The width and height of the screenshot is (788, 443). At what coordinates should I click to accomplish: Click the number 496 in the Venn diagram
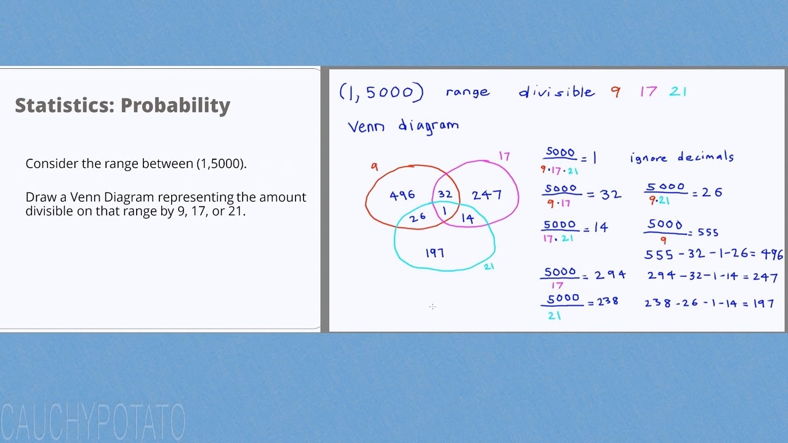point(402,195)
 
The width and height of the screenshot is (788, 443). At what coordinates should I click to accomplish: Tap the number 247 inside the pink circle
point(486,195)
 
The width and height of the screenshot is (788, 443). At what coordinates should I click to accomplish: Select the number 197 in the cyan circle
point(435,253)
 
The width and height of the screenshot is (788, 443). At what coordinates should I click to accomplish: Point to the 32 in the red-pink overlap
point(445,194)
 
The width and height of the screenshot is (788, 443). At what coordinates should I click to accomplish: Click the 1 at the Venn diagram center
point(444,210)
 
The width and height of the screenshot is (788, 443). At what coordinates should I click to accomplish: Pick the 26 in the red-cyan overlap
point(417,218)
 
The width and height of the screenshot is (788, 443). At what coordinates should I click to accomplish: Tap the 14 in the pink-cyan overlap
point(468,218)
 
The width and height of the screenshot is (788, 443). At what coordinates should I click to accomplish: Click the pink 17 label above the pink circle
point(504,156)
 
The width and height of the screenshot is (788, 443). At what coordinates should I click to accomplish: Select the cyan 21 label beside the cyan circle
point(489,266)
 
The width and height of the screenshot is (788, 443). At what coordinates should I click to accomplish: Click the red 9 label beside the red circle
point(375,167)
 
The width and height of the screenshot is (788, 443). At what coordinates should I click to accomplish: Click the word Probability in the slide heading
point(175,105)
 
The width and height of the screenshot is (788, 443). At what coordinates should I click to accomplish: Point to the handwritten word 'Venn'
point(366,127)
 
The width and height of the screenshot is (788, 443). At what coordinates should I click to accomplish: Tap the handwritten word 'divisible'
point(557,92)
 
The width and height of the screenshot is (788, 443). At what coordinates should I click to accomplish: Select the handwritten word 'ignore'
point(648,158)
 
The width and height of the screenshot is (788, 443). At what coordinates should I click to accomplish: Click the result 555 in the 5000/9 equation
point(708,232)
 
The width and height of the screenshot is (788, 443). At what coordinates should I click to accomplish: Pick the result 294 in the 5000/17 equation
point(610,274)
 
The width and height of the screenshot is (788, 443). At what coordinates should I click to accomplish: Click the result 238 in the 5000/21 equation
point(607,301)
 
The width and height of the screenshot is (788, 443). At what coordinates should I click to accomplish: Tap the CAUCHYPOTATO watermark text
point(93,421)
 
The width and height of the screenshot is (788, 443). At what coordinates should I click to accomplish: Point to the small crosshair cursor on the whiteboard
point(433,307)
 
